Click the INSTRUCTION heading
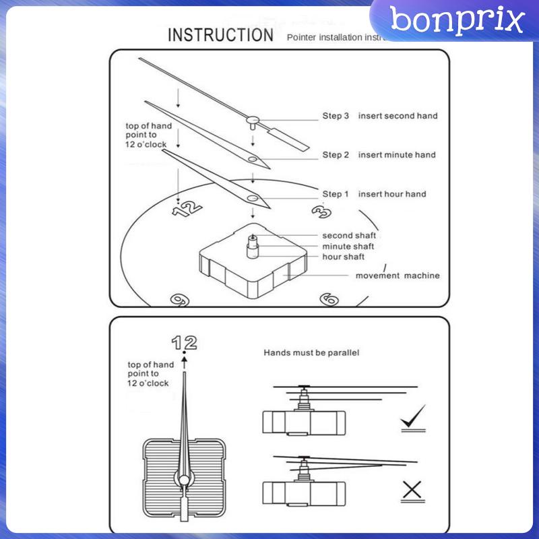point(220,35)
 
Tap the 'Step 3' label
point(336,116)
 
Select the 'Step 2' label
point(336,155)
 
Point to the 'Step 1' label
point(336,194)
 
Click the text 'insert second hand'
point(398,116)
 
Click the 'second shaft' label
point(348,236)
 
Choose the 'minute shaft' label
point(348,247)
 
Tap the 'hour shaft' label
point(343,257)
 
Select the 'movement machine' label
point(398,276)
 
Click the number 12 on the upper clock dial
point(187,210)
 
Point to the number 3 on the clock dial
point(321,212)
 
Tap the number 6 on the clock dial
point(328,298)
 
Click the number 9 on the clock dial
point(179,299)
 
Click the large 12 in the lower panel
point(184,343)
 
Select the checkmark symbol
point(413,418)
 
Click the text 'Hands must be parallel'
point(311,352)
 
